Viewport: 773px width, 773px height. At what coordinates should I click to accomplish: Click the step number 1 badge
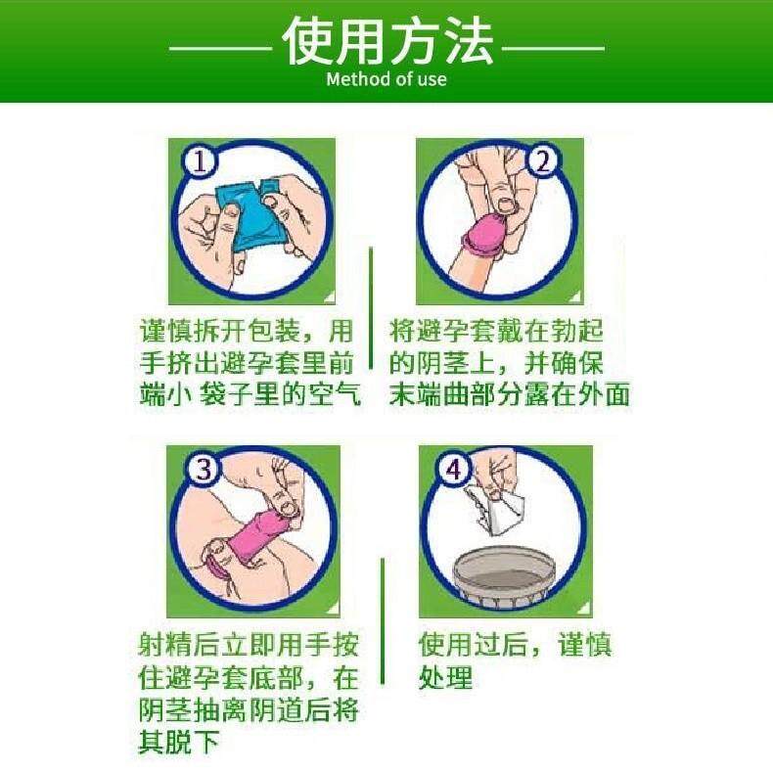[200, 160]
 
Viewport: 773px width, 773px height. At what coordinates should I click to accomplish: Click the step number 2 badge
[542, 160]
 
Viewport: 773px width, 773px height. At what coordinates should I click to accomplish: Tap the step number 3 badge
[204, 469]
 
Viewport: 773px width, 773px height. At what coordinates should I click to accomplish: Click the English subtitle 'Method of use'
[386, 79]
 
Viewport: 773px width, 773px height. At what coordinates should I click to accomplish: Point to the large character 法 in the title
[469, 41]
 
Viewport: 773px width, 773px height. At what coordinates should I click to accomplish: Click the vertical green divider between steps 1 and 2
[371, 308]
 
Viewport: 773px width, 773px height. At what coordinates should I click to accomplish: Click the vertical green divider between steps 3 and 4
[383, 621]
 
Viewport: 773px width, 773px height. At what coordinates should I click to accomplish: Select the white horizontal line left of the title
[220, 48]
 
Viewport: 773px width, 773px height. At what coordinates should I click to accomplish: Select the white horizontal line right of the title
[553, 48]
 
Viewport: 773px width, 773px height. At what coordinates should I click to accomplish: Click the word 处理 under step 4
[445, 677]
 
